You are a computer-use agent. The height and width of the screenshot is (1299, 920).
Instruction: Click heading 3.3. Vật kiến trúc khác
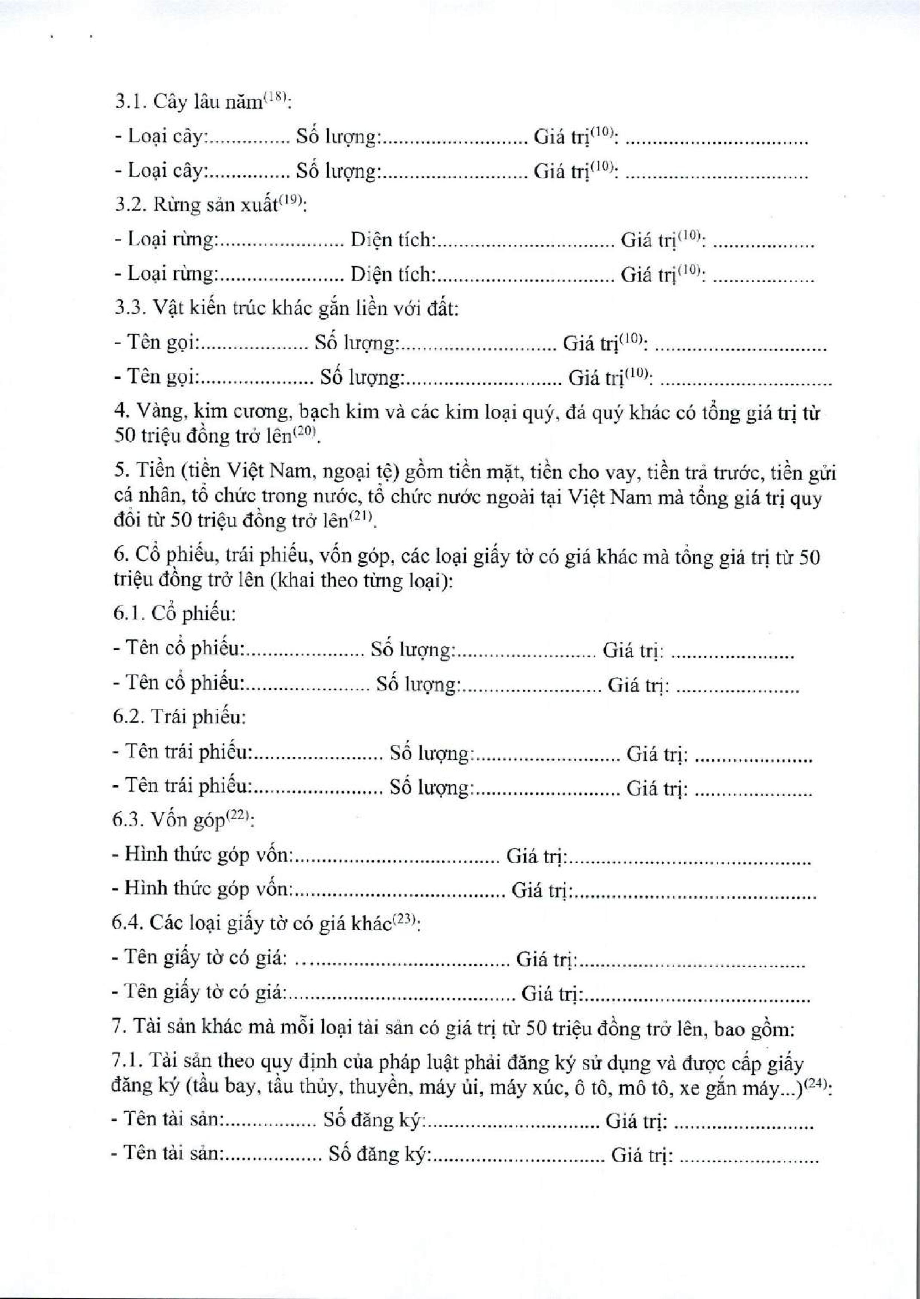(x=286, y=308)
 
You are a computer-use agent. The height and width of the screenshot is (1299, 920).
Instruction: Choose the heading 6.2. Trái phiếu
(x=179, y=718)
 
